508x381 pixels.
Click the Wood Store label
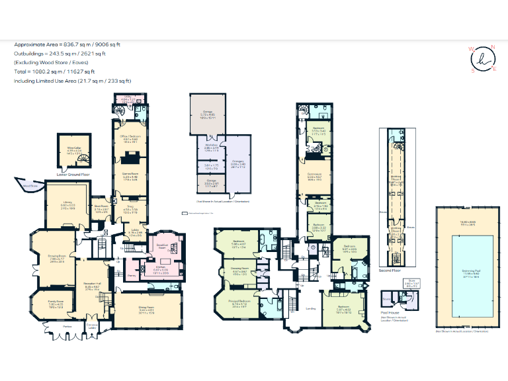coord(29,187)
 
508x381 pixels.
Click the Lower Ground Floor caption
coord(73,175)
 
